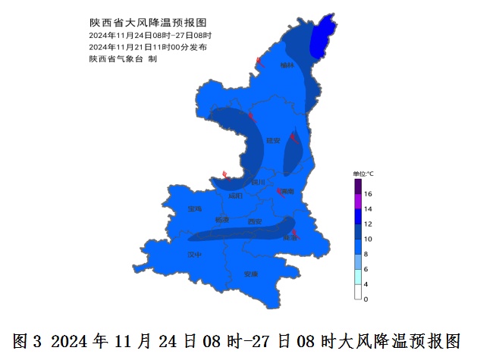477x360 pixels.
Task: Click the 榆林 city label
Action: pyautogui.click(x=286, y=65)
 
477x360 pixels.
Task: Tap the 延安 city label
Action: pyautogui.click(x=273, y=140)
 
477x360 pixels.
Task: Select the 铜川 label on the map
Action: pyautogui.click(x=259, y=182)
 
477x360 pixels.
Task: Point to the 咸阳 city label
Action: pyautogui.click(x=236, y=196)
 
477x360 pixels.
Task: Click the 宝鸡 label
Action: pyautogui.click(x=195, y=208)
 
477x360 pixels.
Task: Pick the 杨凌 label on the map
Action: pyautogui.click(x=222, y=220)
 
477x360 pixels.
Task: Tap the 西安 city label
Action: pyautogui.click(x=255, y=221)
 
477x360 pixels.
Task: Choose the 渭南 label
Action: pyautogui.click(x=287, y=193)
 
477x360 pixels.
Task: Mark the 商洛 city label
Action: pyautogui.click(x=290, y=237)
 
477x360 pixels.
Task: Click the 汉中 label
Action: pyautogui.click(x=195, y=255)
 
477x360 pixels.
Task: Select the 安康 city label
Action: pyautogui.click(x=251, y=274)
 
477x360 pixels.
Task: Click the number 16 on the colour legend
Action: pyautogui.click(x=367, y=194)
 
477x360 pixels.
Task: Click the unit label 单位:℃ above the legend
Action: pyautogui.click(x=363, y=174)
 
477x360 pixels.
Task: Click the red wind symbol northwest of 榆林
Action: pyautogui.click(x=260, y=61)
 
